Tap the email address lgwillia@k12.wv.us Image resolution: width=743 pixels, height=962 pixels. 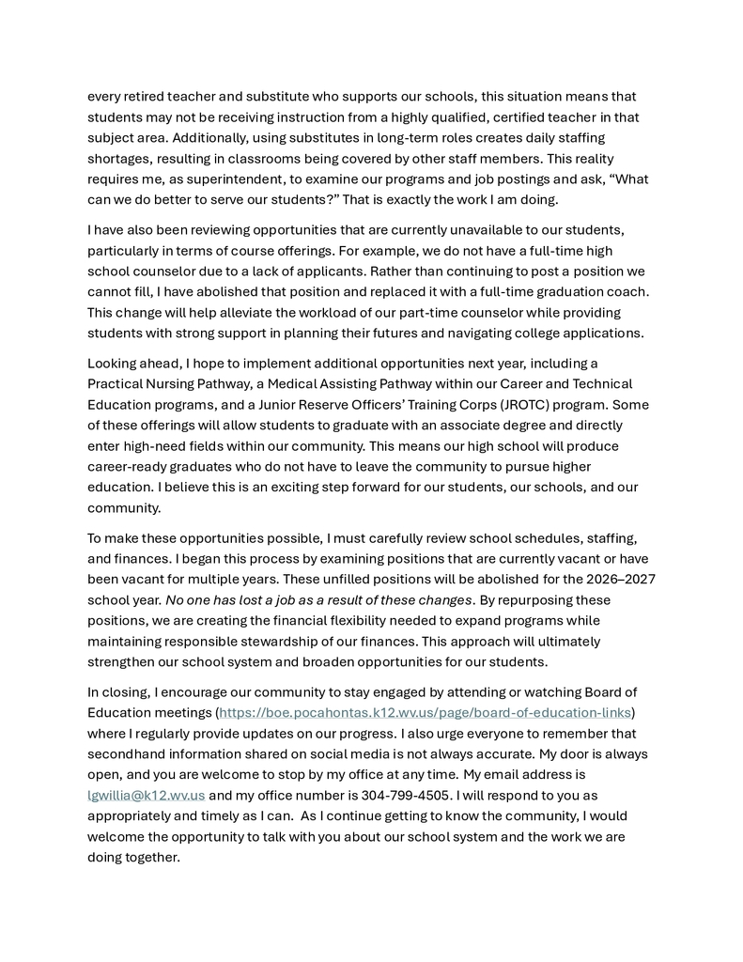coord(146,795)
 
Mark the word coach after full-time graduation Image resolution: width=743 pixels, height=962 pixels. coord(628,291)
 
